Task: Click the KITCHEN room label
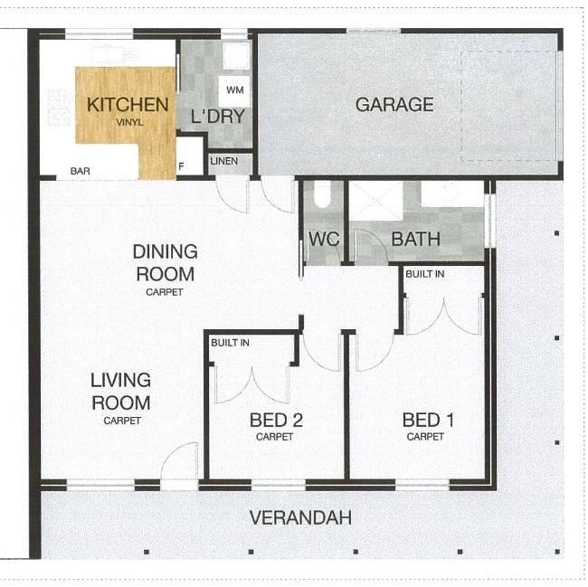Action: click(128, 105)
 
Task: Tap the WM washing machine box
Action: click(234, 91)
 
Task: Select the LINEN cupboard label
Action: click(223, 161)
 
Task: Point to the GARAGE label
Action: click(394, 105)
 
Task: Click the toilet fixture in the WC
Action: click(322, 194)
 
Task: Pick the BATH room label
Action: click(415, 239)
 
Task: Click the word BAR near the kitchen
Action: click(81, 171)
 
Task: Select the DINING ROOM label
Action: click(165, 263)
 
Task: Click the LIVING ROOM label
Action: click(120, 392)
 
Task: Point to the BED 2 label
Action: click(276, 421)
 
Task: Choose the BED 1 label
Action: click(428, 421)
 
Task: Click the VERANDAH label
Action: click(300, 517)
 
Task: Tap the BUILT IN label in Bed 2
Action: click(230, 343)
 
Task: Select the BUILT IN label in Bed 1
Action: click(425, 274)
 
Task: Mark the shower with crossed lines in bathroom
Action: click(376, 202)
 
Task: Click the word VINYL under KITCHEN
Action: click(129, 122)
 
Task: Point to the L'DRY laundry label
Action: click(217, 116)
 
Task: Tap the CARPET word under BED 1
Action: click(425, 437)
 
